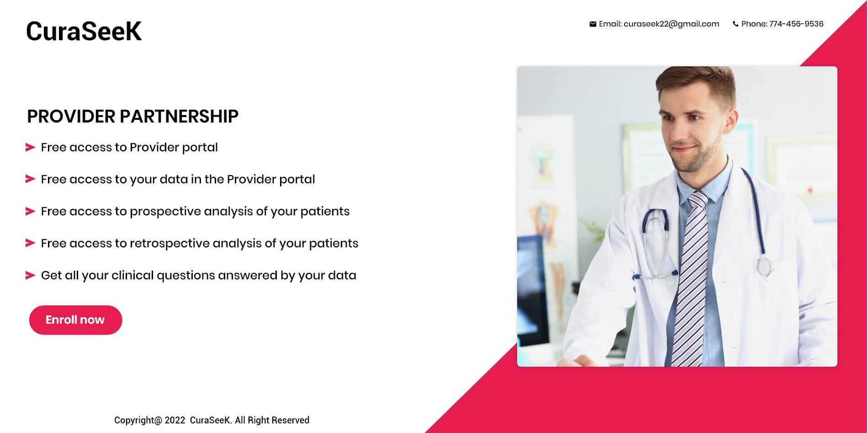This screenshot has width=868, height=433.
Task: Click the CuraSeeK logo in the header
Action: click(x=84, y=31)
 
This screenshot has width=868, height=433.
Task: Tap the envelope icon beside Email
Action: click(x=593, y=24)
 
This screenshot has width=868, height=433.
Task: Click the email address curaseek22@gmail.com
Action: click(x=671, y=24)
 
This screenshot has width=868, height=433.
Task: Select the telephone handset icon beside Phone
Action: click(x=736, y=24)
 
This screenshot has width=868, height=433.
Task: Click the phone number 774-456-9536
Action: click(x=796, y=24)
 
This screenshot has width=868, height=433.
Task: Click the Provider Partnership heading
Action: click(x=132, y=117)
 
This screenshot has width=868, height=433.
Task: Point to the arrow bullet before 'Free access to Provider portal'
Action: click(x=30, y=147)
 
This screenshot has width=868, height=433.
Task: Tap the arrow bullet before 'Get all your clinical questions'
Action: click(x=30, y=275)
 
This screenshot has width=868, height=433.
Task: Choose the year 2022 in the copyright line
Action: click(x=175, y=420)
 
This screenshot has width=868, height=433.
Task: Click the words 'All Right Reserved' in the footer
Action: click(x=272, y=420)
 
